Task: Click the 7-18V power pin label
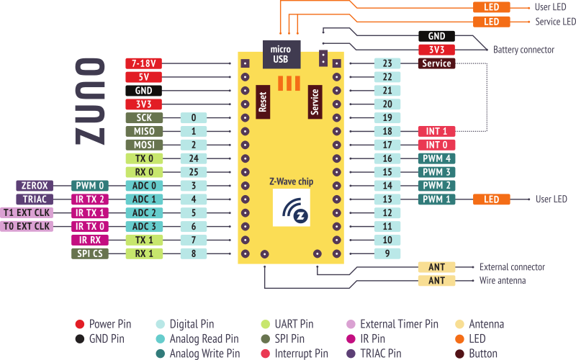pyautogui.click(x=143, y=63)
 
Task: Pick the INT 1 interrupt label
pyautogui.click(x=436, y=131)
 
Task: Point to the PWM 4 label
pyautogui.click(x=436, y=158)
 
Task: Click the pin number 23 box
pyautogui.click(x=387, y=63)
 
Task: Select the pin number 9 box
pyautogui.click(x=387, y=253)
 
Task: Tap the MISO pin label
pyautogui.click(x=143, y=131)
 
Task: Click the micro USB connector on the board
pyautogui.click(x=279, y=53)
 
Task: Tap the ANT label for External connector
pyautogui.click(x=436, y=267)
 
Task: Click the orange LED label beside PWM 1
pyautogui.click(x=491, y=199)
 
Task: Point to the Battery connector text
pyautogui.click(x=523, y=50)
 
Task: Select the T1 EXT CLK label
pyautogui.click(x=27, y=213)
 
